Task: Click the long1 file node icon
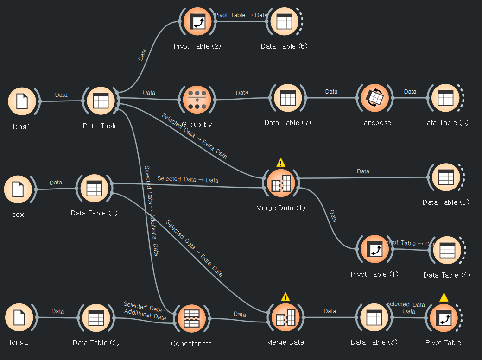[22, 101]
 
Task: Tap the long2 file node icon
[19, 318]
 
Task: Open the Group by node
[197, 99]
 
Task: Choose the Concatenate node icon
[191, 318]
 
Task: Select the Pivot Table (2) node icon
[197, 22]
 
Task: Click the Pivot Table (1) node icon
[374, 249]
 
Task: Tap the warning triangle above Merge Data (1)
[281, 163]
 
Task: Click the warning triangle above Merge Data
[285, 297]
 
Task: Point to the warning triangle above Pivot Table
[444, 297]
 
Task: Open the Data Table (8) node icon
[445, 98]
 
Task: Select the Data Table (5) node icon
[445, 177]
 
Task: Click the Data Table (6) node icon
[284, 22]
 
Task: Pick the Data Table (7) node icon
[288, 98]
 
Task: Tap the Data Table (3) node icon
[374, 318]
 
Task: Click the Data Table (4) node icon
[447, 251]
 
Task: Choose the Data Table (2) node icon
[96, 318]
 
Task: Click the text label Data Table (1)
[94, 213]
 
